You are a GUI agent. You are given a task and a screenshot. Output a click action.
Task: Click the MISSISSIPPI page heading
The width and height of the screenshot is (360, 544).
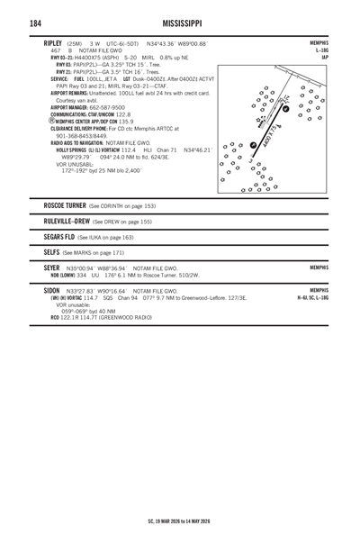(x=180, y=22)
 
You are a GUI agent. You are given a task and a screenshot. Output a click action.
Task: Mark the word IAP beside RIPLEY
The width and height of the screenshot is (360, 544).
(x=324, y=59)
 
